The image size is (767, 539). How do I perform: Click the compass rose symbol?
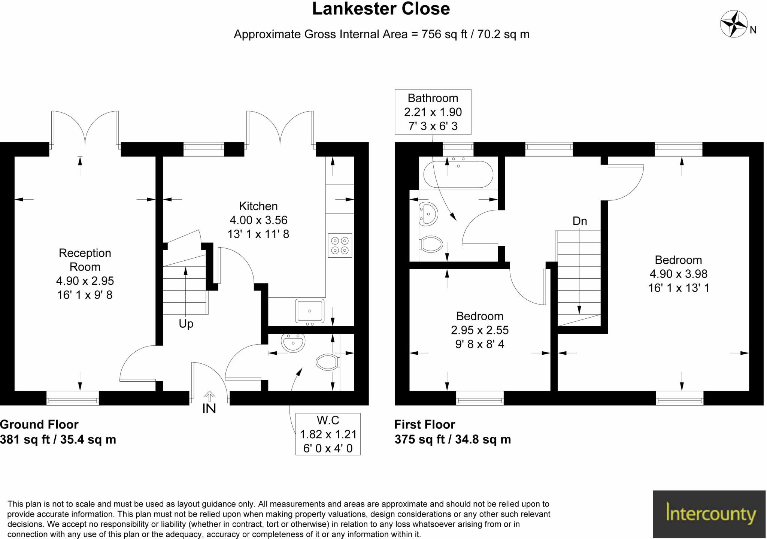[x=734, y=24]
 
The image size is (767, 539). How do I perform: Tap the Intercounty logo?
[x=709, y=514]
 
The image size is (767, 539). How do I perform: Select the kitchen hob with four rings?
[x=340, y=245]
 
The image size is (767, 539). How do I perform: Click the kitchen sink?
[x=309, y=311]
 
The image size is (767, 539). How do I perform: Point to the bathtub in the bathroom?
[x=458, y=175]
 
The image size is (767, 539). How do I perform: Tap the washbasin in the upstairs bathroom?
[x=428, y=214]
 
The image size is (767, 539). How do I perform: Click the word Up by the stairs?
[x=186, y=323]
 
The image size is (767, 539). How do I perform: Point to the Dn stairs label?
[x=579, y=221]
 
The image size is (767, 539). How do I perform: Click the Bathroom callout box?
[x=433, y=112]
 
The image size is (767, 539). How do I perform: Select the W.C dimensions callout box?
[x=328, y=434]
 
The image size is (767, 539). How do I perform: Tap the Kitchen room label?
[x=258, y=206]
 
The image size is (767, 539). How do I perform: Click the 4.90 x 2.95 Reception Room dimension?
[x=85, y=281]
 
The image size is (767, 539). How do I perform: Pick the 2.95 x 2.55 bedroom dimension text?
[x=479, y=330]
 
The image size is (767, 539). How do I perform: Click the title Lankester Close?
[x=381, y=9]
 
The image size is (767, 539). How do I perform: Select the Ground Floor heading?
[x=39, y=424]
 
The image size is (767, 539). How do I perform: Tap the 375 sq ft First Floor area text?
[x=452, y=439]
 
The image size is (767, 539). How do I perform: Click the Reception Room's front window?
[x=73, y=398]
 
